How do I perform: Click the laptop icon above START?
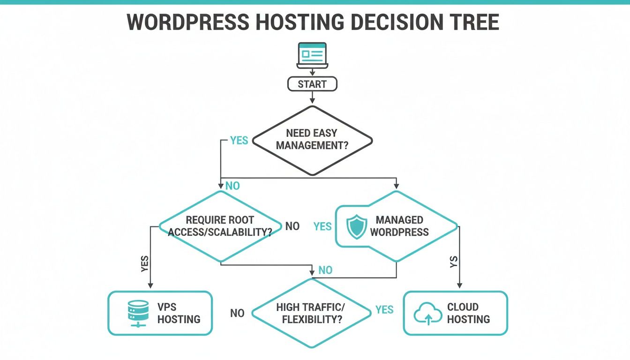312,55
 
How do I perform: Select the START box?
312,84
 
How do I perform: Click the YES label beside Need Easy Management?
239,141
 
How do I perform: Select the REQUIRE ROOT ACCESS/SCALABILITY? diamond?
220,226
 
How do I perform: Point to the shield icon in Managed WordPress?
356,226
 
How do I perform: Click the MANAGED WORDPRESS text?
399,226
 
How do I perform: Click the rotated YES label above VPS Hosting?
144,264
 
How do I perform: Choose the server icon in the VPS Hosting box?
137,313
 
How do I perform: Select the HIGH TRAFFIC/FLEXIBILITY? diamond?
311,313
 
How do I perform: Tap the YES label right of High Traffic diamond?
384,310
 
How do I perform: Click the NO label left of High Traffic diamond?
237,313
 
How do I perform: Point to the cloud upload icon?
427,314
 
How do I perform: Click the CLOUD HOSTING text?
468,313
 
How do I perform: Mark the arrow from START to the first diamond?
312,97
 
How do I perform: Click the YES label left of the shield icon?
322,226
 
